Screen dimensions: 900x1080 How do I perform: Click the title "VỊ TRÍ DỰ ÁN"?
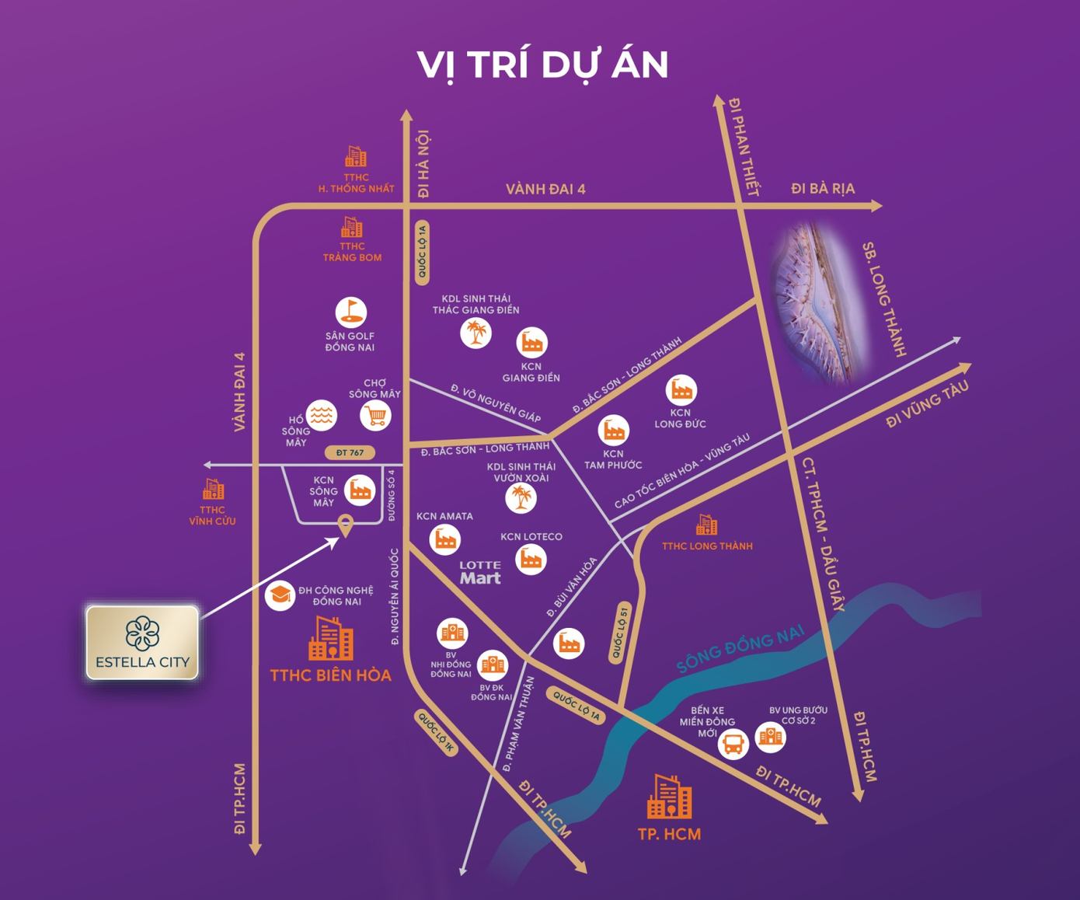point(542,65)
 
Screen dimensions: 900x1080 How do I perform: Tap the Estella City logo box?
point(142,643)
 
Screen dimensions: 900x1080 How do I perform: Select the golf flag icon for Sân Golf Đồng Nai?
point(350,312)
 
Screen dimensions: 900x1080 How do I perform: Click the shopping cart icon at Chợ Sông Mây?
point(375,416)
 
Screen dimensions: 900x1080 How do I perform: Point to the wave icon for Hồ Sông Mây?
point(321,415)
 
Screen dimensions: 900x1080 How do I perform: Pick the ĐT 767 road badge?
point(350,452)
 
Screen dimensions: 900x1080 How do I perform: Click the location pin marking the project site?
point(346,526)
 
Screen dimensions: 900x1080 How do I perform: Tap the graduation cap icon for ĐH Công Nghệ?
point(280,595)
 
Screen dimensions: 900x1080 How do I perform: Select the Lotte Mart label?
point(480,572)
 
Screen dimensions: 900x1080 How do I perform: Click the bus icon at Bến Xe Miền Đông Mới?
point(733,744)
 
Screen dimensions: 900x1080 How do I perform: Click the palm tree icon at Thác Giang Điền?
point(476,333)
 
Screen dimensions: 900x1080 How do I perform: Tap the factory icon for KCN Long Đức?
point(681,389)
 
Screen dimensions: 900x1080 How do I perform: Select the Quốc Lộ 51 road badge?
point(619,631)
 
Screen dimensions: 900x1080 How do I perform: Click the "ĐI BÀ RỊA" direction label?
point(822,189)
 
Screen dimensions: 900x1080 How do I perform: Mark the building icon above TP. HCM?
point(669,797)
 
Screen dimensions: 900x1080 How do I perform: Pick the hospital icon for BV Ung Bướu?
point(770,737)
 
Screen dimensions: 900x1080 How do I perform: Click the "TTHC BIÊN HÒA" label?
point(330,675)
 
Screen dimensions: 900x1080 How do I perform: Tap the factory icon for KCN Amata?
point(445,539)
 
